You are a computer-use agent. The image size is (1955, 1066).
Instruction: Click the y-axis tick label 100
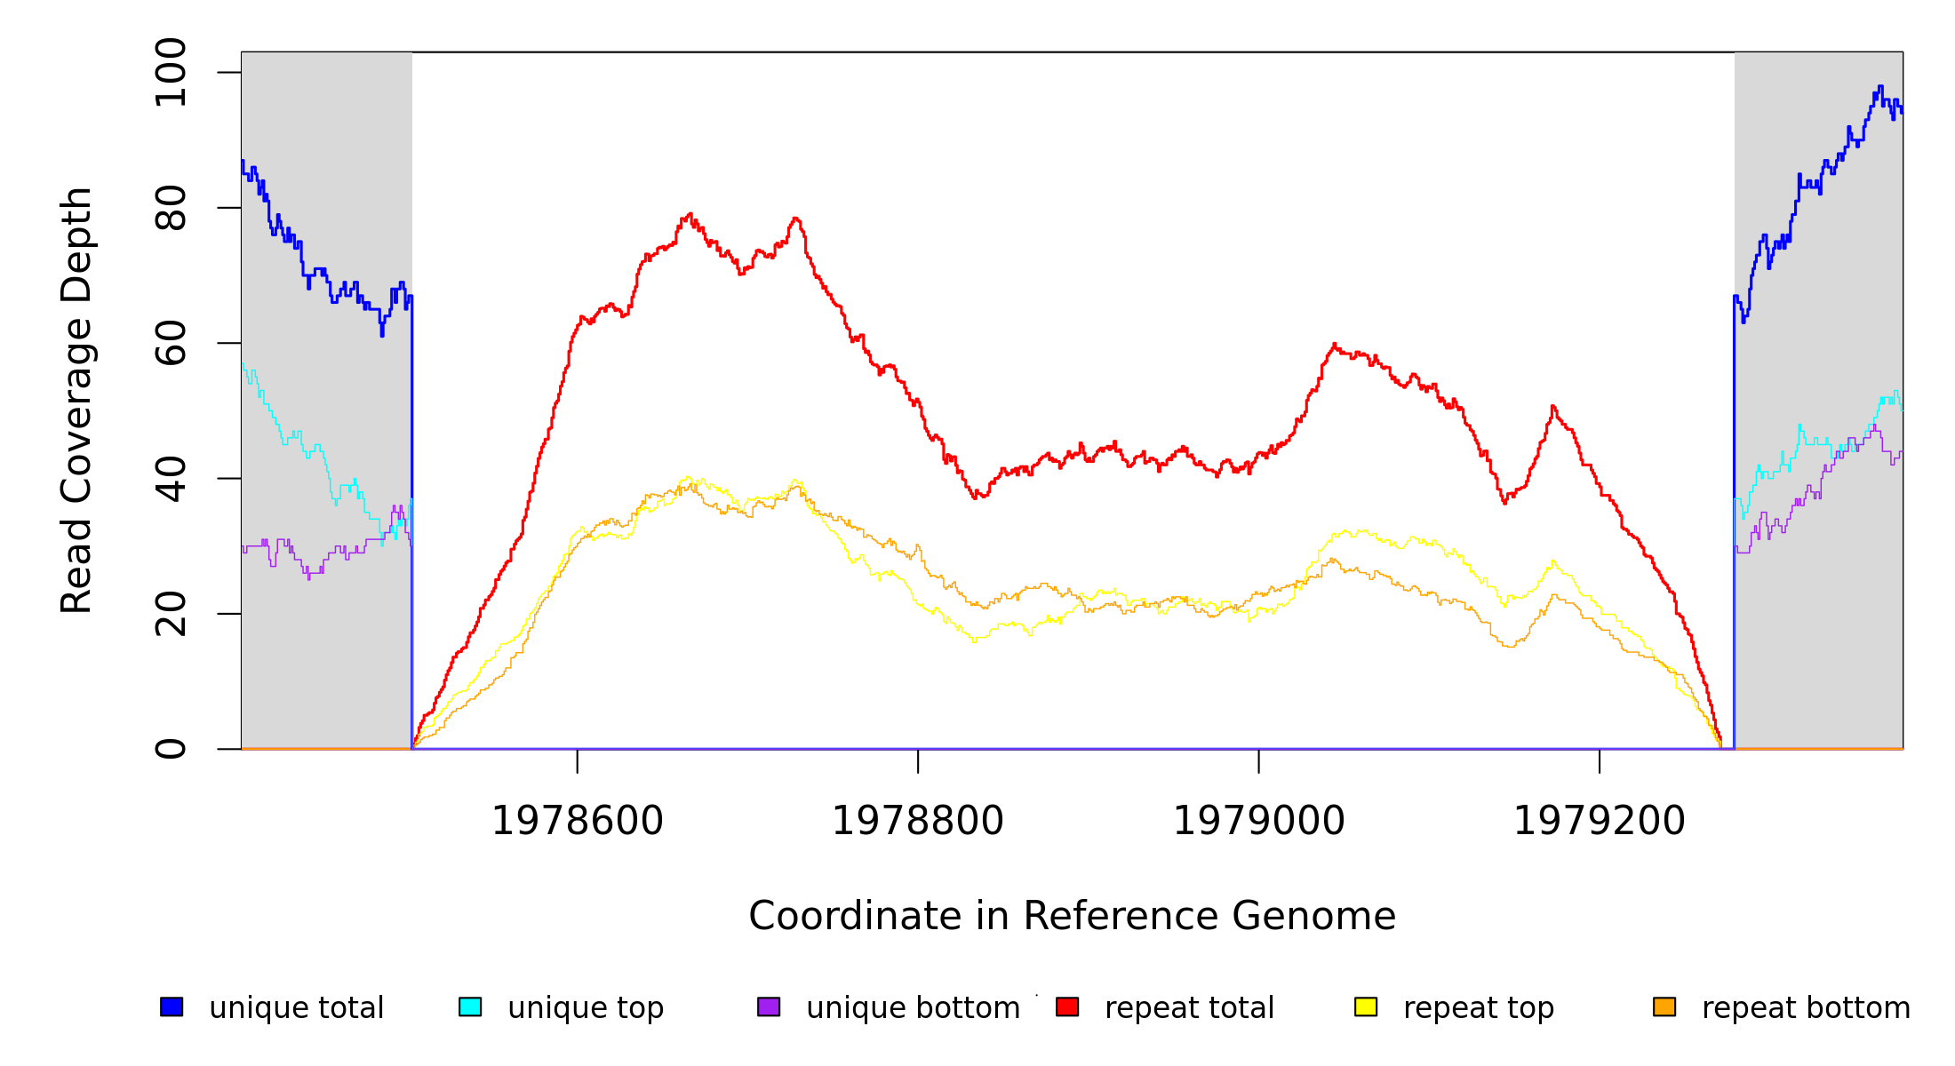(170, 73)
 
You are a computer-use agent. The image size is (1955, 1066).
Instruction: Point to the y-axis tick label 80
(170, 208)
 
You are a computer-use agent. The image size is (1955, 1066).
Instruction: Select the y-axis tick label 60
(170, 343)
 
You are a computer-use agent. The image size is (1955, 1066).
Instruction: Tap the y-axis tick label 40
(170, 479)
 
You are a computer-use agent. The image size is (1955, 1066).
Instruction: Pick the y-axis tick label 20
(170, 614)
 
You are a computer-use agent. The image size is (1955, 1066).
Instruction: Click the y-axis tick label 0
(170, 749)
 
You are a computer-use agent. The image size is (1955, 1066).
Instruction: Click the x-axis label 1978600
(578, 822)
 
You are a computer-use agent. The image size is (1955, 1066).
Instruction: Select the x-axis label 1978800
(918, 822)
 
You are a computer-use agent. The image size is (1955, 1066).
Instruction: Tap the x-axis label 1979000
(1259, 822)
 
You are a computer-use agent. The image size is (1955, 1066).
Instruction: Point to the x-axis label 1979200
(1600, 822)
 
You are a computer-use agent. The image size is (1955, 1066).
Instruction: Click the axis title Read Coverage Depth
(76, 400)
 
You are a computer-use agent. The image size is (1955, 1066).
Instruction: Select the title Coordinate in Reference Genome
(1072, 917)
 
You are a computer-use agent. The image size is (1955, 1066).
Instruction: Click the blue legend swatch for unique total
(172, 1007)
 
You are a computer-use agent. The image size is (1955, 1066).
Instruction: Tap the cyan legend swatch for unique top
(470, 1007)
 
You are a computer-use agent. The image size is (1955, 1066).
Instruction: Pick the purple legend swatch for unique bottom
(769, 1007)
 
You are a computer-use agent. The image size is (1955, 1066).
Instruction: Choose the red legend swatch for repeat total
(1067, 1007)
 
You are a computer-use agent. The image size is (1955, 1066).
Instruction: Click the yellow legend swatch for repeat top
(1366, 1007)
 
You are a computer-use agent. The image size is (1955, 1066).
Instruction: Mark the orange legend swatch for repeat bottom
(1664, 1007)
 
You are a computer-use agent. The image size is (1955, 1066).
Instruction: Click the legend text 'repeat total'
(1190, 1008)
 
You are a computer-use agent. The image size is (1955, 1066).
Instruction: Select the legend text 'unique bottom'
(914, 1008)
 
